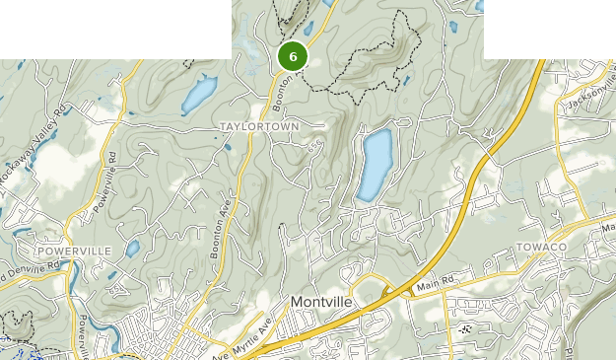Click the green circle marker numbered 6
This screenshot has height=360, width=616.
coord(293,56)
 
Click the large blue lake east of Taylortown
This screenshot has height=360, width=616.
coord(376,164)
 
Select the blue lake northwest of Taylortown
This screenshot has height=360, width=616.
coord(198,95)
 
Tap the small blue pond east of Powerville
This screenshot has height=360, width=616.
coord(132,249)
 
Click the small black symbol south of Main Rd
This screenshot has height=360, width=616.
coord(465,329)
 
